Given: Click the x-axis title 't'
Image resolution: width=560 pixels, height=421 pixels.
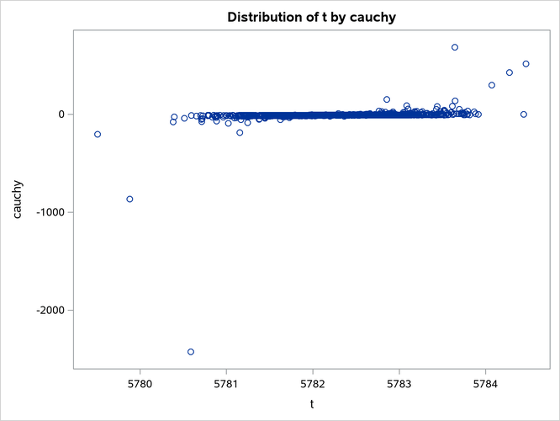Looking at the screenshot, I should point(312,404).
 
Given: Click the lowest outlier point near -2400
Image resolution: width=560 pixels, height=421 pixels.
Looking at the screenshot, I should point(191,352).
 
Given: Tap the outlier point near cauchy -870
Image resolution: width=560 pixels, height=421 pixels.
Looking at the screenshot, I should point(129,200).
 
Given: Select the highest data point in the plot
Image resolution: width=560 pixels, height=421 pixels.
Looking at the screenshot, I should point(455,47).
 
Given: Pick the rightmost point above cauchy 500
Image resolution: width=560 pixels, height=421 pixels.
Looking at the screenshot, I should point(526,64).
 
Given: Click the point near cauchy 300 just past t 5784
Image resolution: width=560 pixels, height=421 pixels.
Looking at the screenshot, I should point(492,85).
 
